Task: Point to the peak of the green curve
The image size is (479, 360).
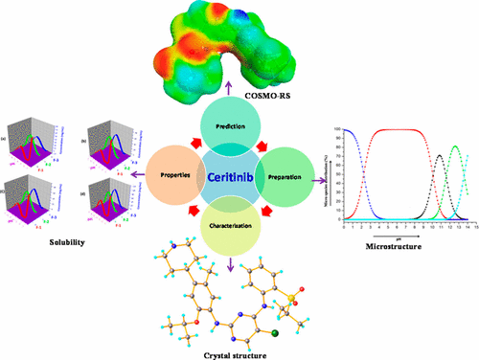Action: (x=453, y=146)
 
